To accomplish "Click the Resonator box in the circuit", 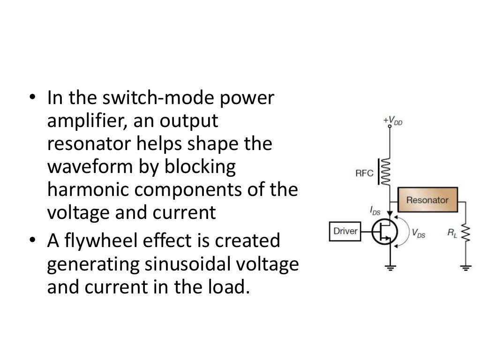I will (427, 200).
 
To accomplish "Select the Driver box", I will (346, 231).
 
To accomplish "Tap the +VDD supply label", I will (392, 121).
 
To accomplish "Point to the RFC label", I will (364, 173).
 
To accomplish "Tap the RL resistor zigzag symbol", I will (465, 232).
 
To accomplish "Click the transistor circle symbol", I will (385, 232).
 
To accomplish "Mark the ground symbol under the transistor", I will (390, 268).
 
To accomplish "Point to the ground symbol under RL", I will (465, 268).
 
